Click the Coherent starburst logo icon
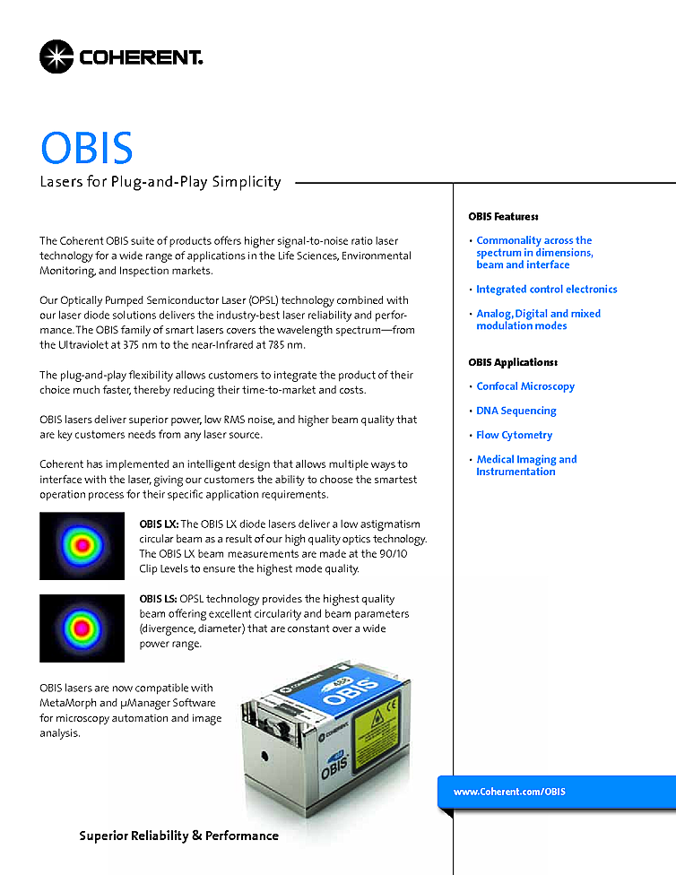coord(56,56)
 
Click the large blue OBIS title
coord(86,148)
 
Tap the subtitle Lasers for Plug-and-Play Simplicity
coord(160,182)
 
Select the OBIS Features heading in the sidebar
coord(503,217)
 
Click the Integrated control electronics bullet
coord(546,290)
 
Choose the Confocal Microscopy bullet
coord(525,386)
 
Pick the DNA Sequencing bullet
coord(516,411)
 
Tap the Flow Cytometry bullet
coord(514,435)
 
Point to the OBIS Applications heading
coord(512,362)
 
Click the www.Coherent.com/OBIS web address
coord(509,792)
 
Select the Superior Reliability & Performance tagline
coord(178,836)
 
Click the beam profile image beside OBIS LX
coord(82,545)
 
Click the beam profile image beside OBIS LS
coord(82,627)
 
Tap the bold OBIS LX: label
coord(159,524)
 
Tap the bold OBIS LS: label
coord(158,599)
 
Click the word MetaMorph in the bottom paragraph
coord(73,703)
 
